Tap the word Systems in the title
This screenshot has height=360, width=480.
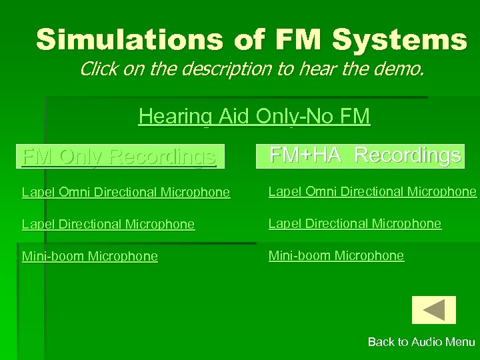(x=400, y=40)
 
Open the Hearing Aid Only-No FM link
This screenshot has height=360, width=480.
(x=254, y=117)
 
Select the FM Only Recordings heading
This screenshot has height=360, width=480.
(x=119, y=157)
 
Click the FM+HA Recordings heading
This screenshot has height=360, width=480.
(x=365, y=155)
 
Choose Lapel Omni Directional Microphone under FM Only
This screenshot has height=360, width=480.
(x=126, y=193)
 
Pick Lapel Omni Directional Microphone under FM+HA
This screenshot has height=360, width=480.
(x=372, y=192)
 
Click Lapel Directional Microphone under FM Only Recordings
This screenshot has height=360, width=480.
(x=108, y=225)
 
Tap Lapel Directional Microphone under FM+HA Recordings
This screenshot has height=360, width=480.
(x=355, y=224)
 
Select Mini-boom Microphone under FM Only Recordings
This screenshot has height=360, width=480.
(x=90, y=257)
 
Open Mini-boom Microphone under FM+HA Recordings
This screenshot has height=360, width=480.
(x=336, y=256)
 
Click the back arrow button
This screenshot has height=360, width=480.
(x=434, y=310)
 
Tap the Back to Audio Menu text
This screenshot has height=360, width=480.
(x=421, y=342)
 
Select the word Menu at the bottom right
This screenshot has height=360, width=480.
(x=460, y=342)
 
